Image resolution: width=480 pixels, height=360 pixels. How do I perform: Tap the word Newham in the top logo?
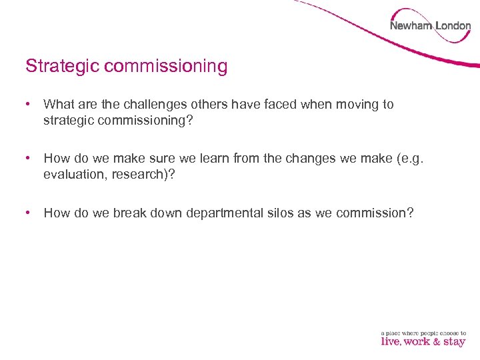(x=410, y=26)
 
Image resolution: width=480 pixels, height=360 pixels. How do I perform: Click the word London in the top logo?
(x=453, y=26)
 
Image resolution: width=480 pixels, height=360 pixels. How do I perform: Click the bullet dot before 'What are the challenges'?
(x=28, y=105)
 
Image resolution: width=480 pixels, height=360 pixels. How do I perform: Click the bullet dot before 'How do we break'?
(x=28, y=213)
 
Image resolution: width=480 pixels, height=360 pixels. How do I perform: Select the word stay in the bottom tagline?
(x=454, y=342)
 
